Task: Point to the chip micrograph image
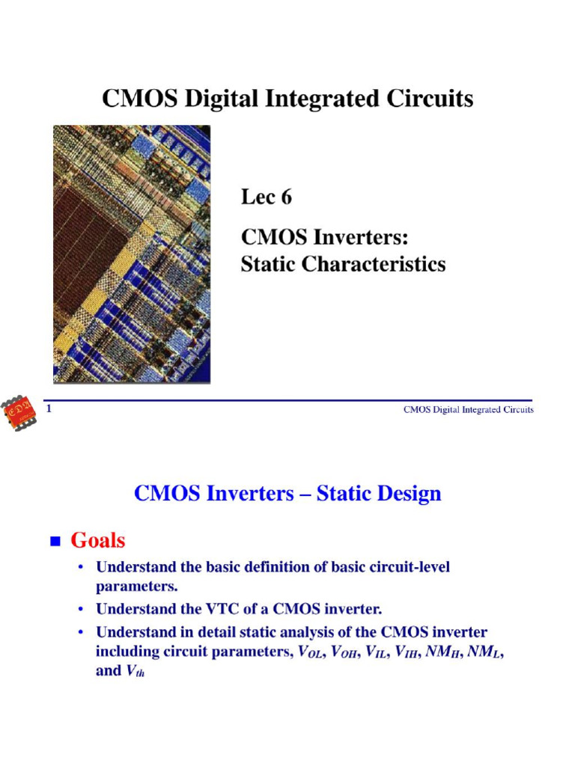pyautogui.click(x=132, y=254)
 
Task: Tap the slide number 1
pyautogui.click(x=49, y=408)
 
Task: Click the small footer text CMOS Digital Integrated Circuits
pyautogui.click(x=469, y=410)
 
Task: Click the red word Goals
pyautogui.click(x=98, y=539)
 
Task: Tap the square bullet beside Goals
pyautogui.click(x=54, y=541)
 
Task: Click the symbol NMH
pyautogui.click(x=439, y=652)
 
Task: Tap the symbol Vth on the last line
pyautogui.click(x=133, y=672)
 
